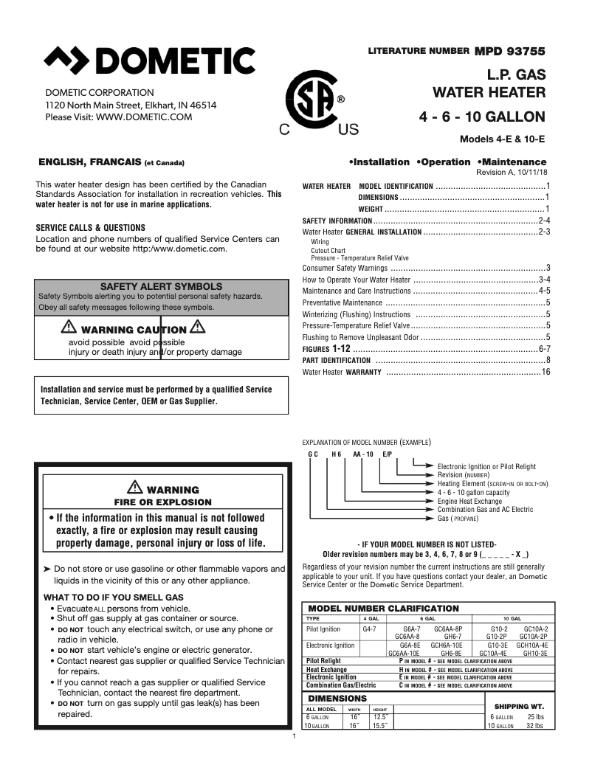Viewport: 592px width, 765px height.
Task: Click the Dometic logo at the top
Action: click(150, 60)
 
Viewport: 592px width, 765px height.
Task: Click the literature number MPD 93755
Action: click(509, 51)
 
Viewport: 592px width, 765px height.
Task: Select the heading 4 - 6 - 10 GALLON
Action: click(482, 117)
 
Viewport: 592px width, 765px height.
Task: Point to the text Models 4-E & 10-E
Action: click(503, 139)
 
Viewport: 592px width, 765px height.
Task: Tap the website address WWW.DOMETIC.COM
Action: click(144, 117)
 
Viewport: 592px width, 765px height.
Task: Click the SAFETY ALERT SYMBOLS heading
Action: click(161, 285)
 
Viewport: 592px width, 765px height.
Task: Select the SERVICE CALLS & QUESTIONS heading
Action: click(91, 228)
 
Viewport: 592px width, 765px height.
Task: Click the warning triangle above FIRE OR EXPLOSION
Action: click(134, 486)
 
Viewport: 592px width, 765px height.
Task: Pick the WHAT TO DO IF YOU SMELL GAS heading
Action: click(114, 597)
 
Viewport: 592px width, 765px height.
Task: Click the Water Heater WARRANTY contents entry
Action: click(343, 373)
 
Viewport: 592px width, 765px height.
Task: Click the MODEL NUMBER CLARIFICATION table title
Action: click(383, 609)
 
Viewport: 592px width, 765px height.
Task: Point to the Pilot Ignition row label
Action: click(323, 629)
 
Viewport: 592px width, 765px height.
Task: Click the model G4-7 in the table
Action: click(370, 629)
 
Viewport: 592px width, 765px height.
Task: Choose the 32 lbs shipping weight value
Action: click(535, 726)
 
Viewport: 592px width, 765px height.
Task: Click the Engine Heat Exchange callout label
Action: click(469, 501)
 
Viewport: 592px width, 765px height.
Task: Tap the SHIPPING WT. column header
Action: click(518, 706)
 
